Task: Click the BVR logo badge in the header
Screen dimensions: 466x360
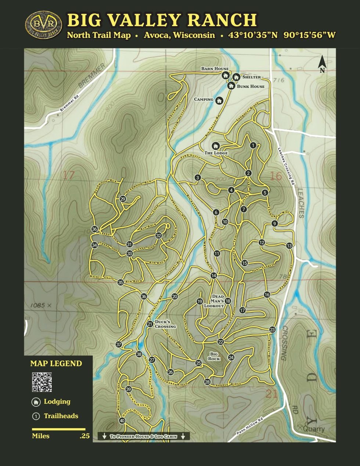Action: pyautogui.click(x=43, y=25)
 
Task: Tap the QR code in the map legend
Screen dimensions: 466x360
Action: pyautogui.click(x=42, y=382)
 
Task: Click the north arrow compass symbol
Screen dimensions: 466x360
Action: pyautogui.click(x=322, y=64)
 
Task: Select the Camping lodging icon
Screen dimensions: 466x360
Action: pyautogui.click(x=219, y=100)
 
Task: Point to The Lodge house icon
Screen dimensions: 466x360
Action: pyautogui.click(x=216, y=146)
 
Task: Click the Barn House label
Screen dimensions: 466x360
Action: pyautogui.click(x=215, y=69)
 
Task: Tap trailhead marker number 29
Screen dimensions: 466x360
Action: pyautogui.click(x=123, y=199)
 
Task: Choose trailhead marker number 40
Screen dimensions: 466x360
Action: pyautogui.click(x=122, y=421)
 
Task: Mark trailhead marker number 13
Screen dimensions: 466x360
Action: pyautogui.click(x=289, y=245)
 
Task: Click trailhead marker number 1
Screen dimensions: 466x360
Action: pyautogui.click(x=253, y=145)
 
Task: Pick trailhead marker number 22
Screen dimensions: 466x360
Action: pyautogui.click(x=220, y=342)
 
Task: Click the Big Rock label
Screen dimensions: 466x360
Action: pyautogui.click(x=214, y=356)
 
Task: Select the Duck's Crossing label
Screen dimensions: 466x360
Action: pyautogui.click(x=165, y=324)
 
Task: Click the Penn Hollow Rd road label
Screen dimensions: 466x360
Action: pyautogui.click(x=250, y=426)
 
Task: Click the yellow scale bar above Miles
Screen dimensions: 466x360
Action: pyautogui.click(x=58, y=429)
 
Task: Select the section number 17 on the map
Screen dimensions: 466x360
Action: pyautogui.click(x=69, y=175)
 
